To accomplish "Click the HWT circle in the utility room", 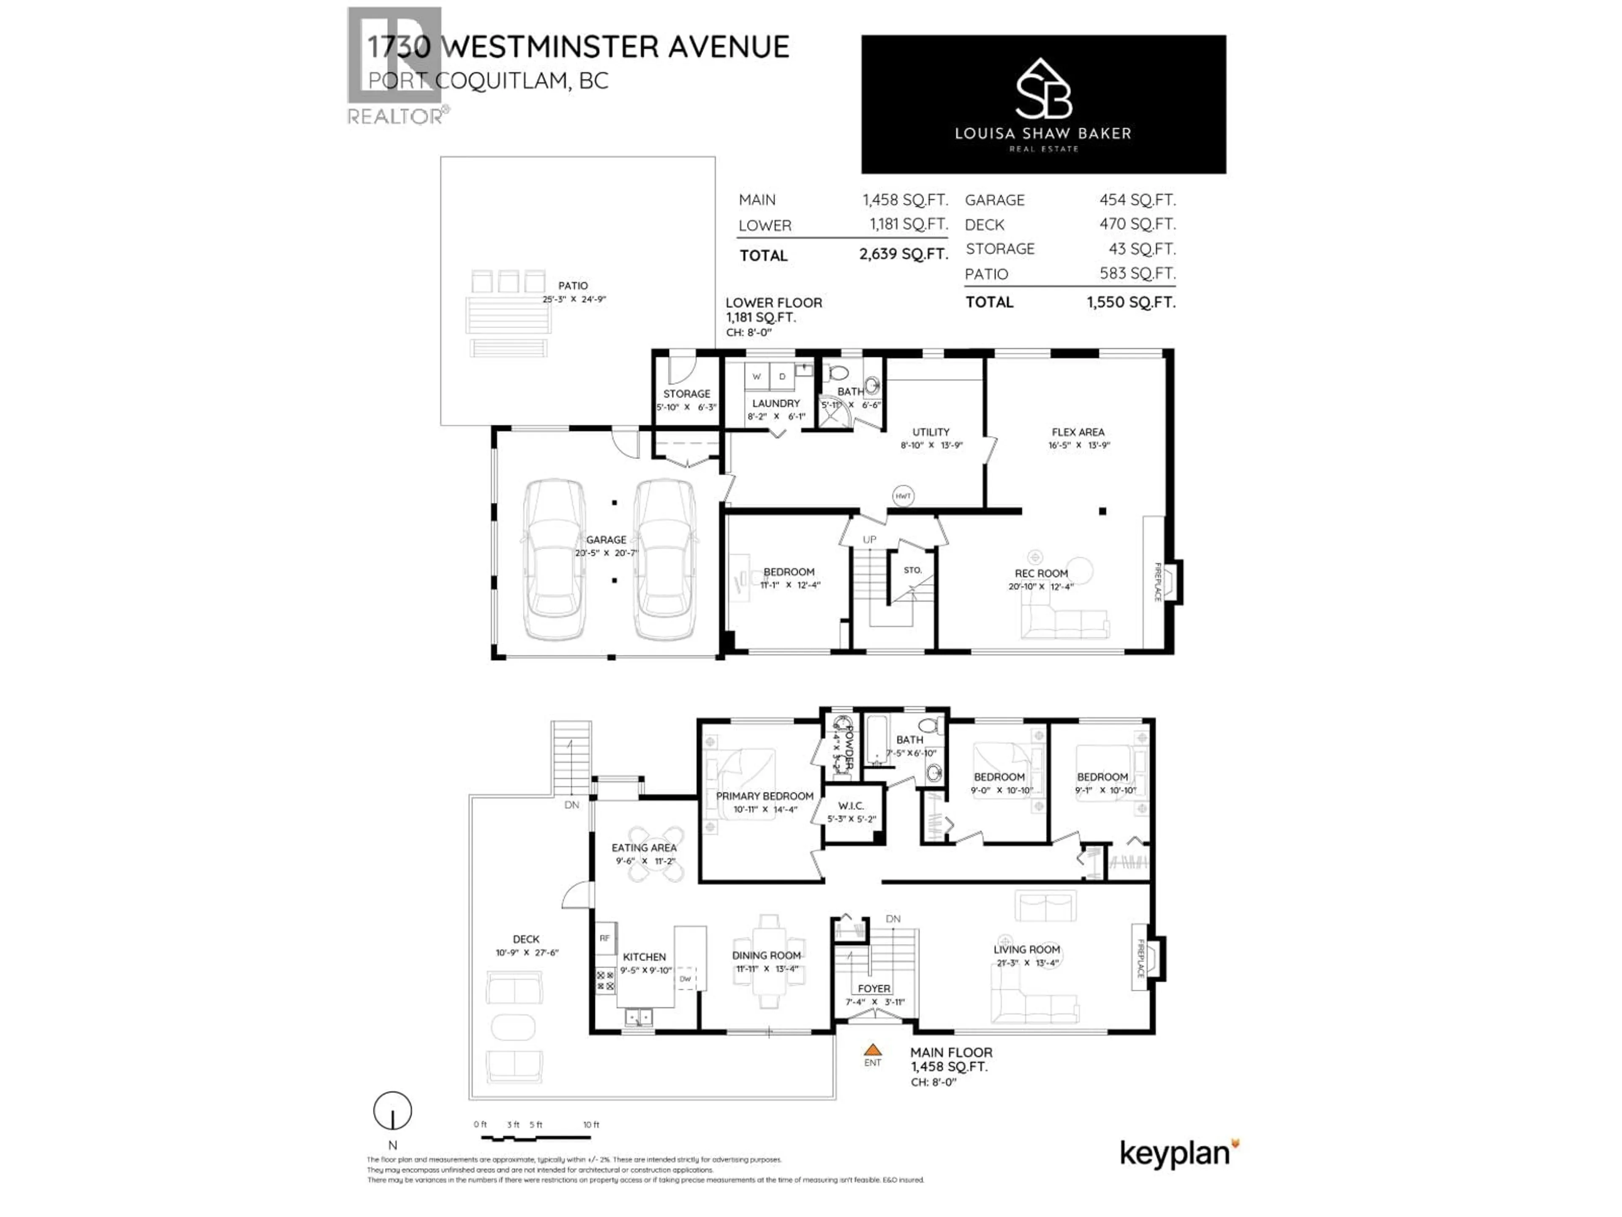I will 903,496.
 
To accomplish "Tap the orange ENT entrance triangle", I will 873,1050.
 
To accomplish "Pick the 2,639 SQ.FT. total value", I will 904,254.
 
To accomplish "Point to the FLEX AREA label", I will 1078,432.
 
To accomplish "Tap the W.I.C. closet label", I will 851,805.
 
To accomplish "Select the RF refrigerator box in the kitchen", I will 605,938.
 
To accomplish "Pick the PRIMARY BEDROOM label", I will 765,796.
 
